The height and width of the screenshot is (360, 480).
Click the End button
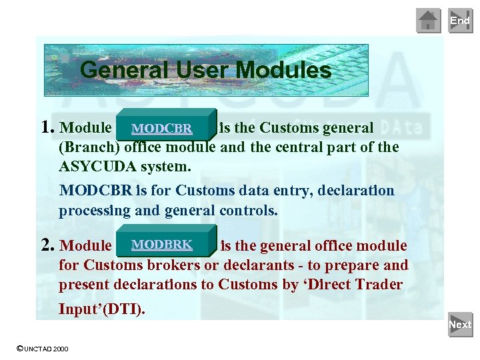coord(459,21)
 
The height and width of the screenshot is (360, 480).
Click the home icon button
coord(428,21)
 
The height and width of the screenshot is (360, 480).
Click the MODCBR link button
coord(162,128)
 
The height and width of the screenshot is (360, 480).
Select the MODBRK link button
coord(162,245)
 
